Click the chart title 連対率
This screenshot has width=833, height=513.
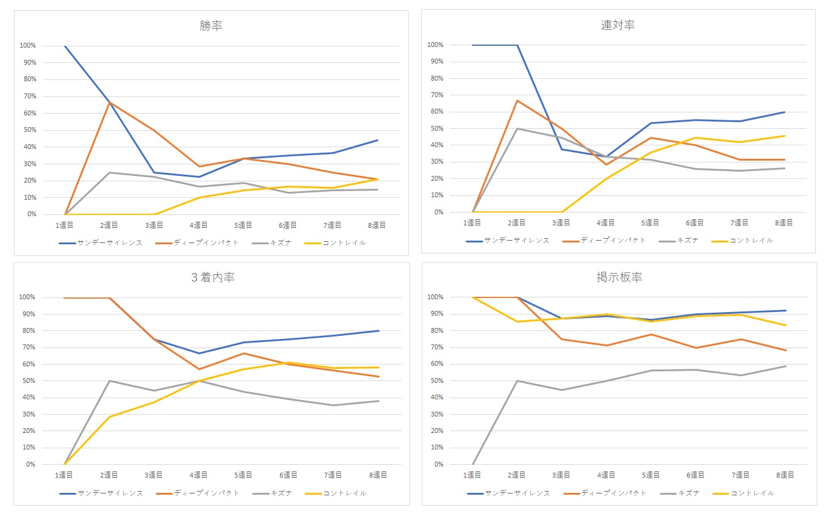[x=618, y=25]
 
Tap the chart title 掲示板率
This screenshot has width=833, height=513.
[x=619, y=277]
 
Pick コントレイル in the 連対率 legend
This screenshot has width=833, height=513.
[x=751, y=241]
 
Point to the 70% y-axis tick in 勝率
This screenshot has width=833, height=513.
[x=28, y=96]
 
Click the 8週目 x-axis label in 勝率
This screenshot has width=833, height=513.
[x=378, y=225]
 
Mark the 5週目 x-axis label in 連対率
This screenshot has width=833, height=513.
[x=651, y=223]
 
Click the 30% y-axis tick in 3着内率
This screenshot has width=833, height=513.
[x=28, y=414]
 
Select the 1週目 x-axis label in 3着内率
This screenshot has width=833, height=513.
[x=64, y=475]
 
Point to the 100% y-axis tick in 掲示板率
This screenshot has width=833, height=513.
[x=435, y=297]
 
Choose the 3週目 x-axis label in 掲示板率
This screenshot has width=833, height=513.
[x=561, y=475]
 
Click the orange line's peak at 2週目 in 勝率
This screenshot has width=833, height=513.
[x=109, y=103]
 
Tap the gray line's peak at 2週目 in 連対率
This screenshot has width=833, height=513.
[x=517, y=128]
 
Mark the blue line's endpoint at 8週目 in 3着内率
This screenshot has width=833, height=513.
[x=378, y=331]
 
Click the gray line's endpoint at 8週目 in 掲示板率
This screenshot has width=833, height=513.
[x=785, y=366]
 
